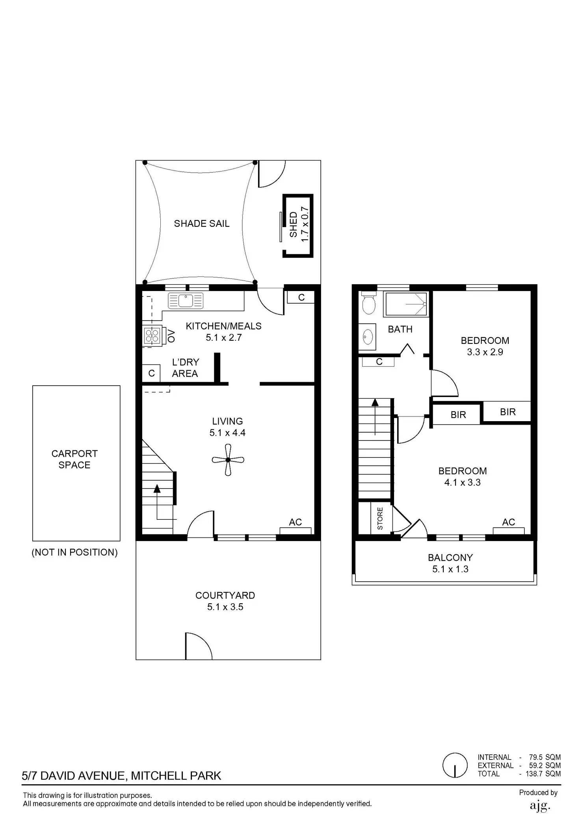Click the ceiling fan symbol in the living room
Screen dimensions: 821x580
pos(228,460)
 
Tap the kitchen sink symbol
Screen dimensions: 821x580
pos(185,301)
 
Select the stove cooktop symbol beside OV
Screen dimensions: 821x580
pos(152,336)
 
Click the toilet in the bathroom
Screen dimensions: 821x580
pos(368,303)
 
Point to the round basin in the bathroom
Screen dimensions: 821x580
pos(368,338)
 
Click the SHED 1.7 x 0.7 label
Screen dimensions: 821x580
pos(299,225)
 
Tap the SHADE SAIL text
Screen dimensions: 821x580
pos(201,224)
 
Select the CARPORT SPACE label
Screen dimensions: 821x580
pos(74,459)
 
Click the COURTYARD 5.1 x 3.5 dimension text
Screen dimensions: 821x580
pos(225,607)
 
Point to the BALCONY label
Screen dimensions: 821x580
pos(450,558)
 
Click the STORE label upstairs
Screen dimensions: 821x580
pos(380,518)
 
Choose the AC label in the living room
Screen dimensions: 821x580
pos(295,522)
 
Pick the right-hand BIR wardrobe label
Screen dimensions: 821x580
pos(507,412)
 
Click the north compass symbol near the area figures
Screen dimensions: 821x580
pos(455,765)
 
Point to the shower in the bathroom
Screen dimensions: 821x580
pos(406,304)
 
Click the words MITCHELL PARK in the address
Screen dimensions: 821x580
pos(176,776)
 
